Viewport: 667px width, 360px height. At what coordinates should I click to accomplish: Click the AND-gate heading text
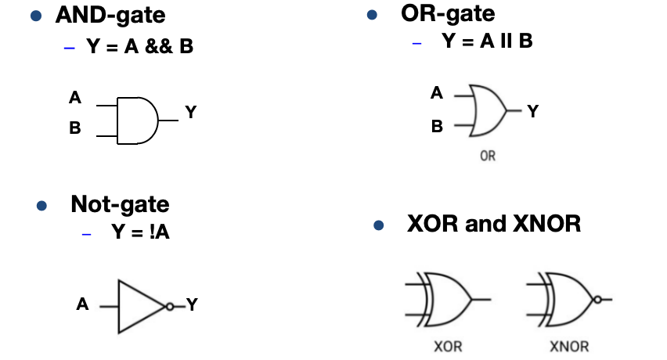click(x=110, y=16)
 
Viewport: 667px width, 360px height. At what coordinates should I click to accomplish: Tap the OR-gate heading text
click(x=448, y=14)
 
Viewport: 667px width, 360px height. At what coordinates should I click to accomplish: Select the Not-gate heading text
click(x=120, y=204)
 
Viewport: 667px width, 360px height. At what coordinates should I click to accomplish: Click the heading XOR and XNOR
click(x=494, y=224)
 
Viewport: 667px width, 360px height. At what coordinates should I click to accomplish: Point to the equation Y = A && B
click(x=139, y=46)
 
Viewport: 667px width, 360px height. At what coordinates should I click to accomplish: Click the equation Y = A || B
click(x=487, y=41)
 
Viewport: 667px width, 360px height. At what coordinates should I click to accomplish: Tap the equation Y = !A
click(x=140, y=232)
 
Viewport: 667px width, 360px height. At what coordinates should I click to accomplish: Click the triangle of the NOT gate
click(x=120, y=307)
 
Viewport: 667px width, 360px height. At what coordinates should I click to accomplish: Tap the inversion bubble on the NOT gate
click(x=170, y=307)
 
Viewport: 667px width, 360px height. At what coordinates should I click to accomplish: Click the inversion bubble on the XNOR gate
click(x=597, y=300)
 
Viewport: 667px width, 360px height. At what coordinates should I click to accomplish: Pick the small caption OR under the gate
click(x=488, y=156)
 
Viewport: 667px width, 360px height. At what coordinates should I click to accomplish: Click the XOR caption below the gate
click(x=448, y=347)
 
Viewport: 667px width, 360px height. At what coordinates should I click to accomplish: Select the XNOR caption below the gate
click(x=570, y=347)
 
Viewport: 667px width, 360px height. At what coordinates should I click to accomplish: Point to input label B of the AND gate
click(x=75, y=128)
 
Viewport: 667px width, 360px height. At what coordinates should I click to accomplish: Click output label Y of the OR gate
click(x=533, y=111)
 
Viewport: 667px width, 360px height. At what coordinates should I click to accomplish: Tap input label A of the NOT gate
click(x=82, y=304)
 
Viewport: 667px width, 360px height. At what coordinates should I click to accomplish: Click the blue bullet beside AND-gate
click(x=36, y=16)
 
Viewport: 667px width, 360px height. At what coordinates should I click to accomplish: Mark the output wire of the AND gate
click(x=168, y=121)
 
